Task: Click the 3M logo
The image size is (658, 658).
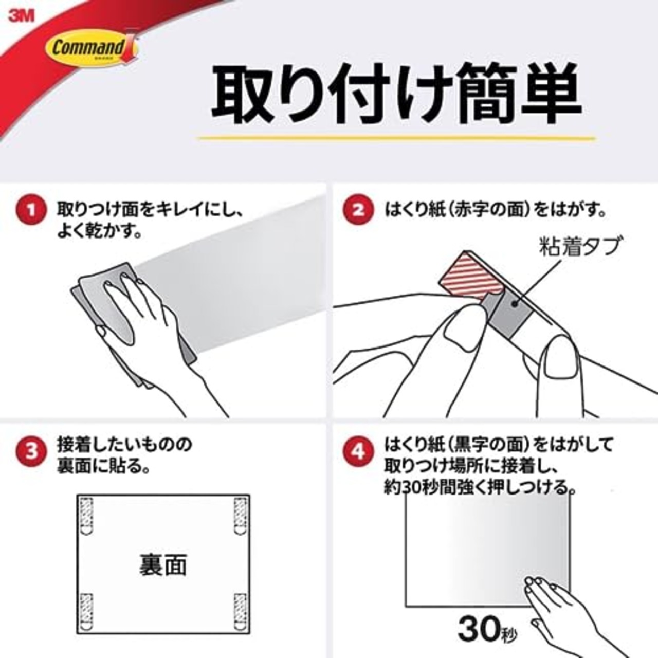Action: click(21, 15)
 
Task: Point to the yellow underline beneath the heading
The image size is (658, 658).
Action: click(396, 138)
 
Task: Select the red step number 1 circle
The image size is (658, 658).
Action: click(31, 210)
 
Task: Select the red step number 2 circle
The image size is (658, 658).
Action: click(358, 210)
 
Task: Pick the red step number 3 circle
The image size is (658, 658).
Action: click(31, 452)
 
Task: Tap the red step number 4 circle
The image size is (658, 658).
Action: click(358, 452)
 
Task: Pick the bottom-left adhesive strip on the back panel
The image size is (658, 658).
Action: click(87, 611)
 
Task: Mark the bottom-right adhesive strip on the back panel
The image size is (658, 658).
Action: click(240, 611)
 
